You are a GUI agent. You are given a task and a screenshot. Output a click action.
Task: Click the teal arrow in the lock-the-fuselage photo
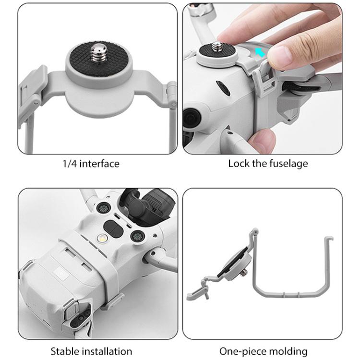coord(261,52)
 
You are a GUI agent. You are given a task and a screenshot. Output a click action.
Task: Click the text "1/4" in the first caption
coord(70,164)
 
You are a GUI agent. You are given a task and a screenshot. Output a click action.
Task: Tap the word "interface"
coord(99,164)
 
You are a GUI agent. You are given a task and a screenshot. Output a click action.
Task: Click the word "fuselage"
coord(289,164)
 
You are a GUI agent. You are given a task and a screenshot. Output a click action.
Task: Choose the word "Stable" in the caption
coord(65,351)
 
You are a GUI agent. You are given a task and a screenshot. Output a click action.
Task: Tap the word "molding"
coord(286,351)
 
